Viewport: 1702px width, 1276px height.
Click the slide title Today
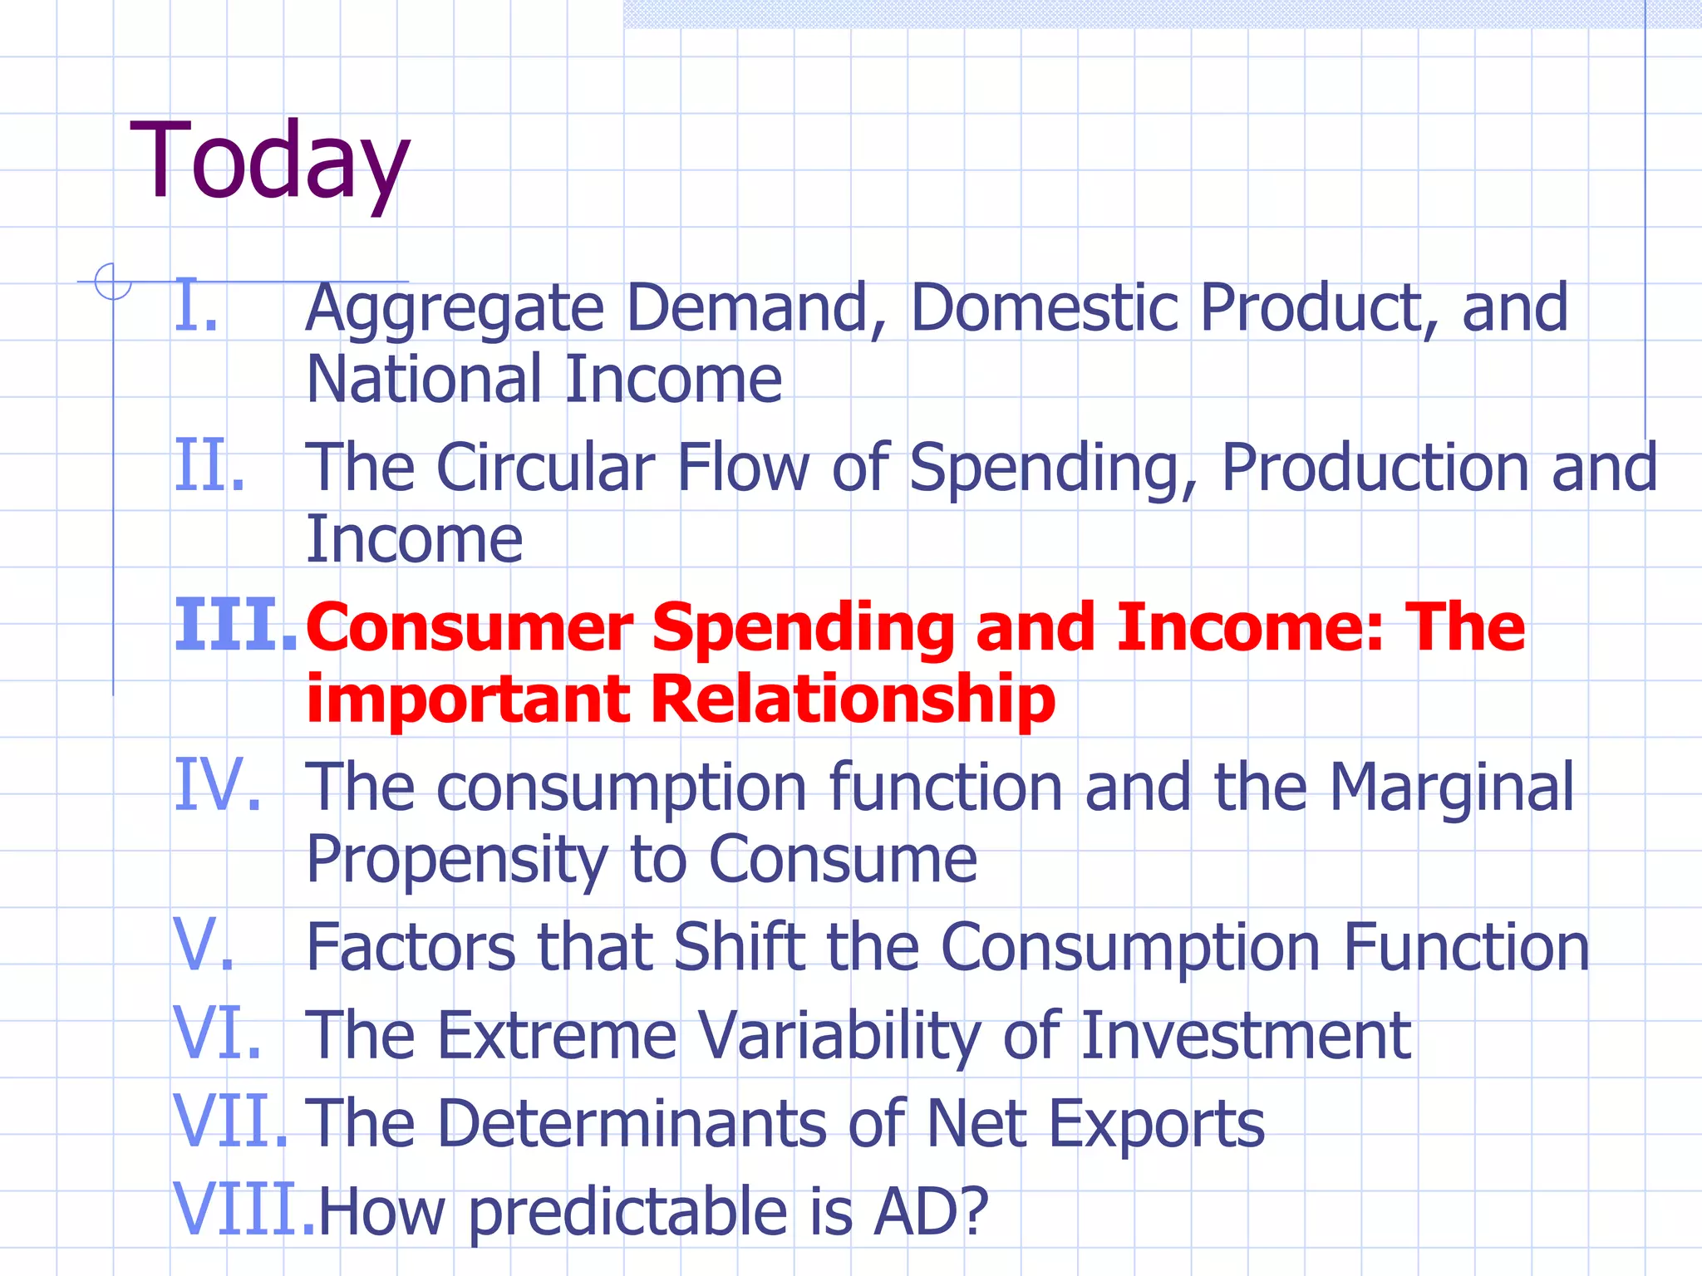pyautogui.click(x=270, y=162)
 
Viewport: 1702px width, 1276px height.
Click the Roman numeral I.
pyautogui.click(x=196, y=307)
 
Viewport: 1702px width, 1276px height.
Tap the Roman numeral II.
pyautogui.click(x=209, y=467)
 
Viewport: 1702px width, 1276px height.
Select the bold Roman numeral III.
pyautogui.click(x=236, y=626)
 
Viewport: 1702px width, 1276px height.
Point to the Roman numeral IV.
pyautogui.click(x=218, y=786)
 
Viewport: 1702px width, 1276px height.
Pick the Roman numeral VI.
pyautogui.click(x=218, y=1034)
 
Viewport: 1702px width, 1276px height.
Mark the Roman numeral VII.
pyautogui.click(x=231, y=1122)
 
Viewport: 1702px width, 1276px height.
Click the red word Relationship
pyautogui.click(x=853, y=699)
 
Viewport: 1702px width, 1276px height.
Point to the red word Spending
pyautogui.click(x=803, y=630)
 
